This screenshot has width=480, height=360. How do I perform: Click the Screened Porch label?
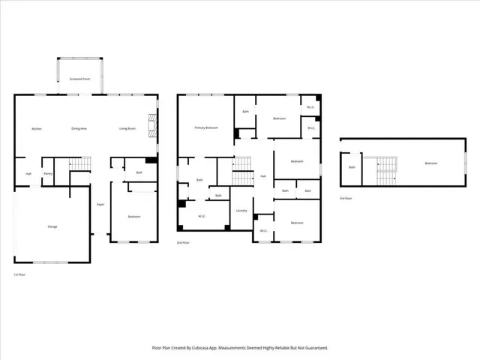click(80, 78)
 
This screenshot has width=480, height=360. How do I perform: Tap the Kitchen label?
click(36, 128)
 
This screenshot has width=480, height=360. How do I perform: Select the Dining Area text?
click(79, 128)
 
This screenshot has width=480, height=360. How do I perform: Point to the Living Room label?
click(127, 128)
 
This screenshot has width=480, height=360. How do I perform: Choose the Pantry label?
click(48, 174)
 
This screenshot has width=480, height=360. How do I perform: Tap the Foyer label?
click(100, 205)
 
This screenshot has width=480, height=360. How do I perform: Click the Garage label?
click(52, 226)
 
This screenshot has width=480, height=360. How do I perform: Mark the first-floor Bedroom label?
click(133, 217)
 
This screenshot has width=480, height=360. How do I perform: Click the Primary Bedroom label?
click(206, 128)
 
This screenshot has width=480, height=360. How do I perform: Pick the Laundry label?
click(241, 211)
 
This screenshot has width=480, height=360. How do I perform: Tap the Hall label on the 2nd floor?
click(263, 176)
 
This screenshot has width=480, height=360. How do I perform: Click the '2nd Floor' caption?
click(183, 244)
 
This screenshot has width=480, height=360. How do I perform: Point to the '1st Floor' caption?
click(20, 274)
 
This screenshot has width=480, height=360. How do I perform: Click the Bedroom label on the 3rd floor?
click(430, 163)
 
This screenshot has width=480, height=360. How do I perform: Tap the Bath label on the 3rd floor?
click(352, 167)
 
